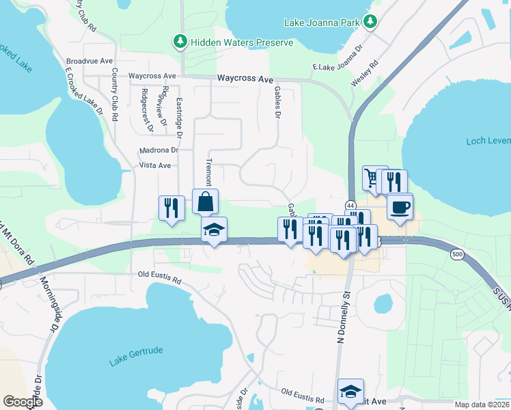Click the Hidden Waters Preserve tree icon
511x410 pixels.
pyautogui.click(x=180, y=42)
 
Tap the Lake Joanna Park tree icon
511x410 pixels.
pyautogui.click(x=370, y=23)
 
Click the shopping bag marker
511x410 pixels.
pyautogui.click(x=206, y=202)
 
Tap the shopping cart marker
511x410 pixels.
pyautogui.click(x=373, y=178)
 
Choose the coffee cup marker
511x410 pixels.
pyautogui.click(x=400, y=206)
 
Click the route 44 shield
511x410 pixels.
pyautogui.click(x=350, y=205)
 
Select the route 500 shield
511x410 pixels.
pyautogui.click(x=457, y=254)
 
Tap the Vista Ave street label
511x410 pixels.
pyautogui.click(x=154, y=165)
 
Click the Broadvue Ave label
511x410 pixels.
pyautogui.click(x=89, y=60)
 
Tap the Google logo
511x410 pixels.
pyautogui.click(x=23, y=402)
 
